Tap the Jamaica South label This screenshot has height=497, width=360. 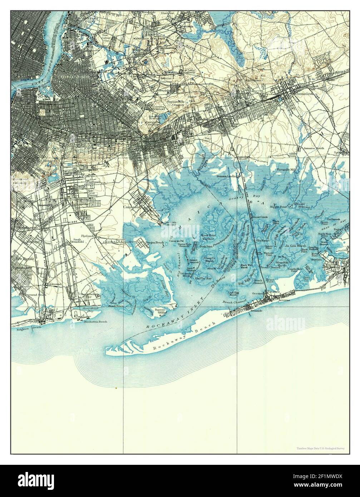tap(314, 148)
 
